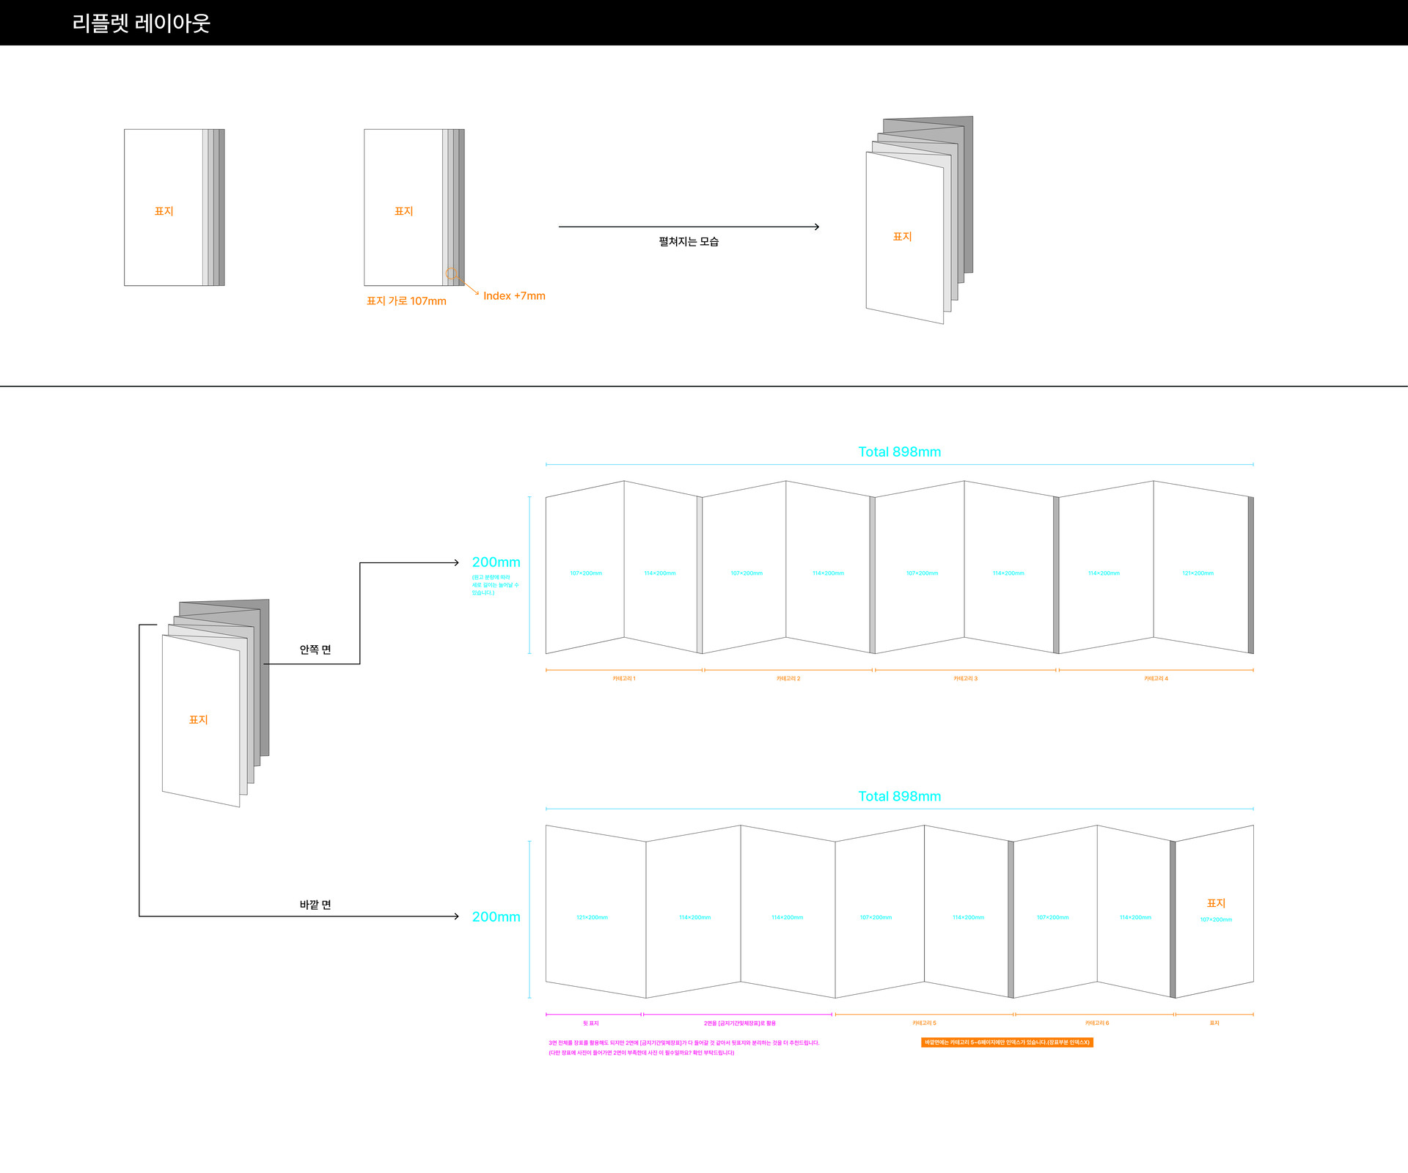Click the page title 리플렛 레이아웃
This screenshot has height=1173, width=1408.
[x=141, y=23]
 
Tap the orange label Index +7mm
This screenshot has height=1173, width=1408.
[x=514, y=296]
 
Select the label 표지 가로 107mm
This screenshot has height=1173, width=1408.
[x=406, y=301]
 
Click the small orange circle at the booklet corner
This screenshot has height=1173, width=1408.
[x=451, y=273]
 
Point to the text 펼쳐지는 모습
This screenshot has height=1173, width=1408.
[x=689, y=242]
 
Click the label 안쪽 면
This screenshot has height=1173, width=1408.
[x=315, y=650]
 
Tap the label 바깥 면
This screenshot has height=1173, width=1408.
[x=315, y=905]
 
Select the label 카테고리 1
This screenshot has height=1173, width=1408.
[x=624, y=679]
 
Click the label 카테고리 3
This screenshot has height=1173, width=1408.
[x=965, y=679]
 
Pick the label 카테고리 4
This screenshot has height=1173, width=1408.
[x=1156, y=679]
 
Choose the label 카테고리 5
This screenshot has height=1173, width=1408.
[x=924, y=1023]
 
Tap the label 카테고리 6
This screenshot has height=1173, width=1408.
[x=1097, y=1023]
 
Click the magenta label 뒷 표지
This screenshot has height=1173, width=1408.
[x=591, y=1023]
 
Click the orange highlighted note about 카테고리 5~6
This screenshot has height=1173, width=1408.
[x=1007, y=1043]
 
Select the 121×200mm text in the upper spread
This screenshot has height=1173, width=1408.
[x=1198, y=573]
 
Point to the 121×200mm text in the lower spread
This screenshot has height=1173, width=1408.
[x=592, y=918]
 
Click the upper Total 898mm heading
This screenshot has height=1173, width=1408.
[x=899, y=452]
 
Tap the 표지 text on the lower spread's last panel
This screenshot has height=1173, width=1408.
[x=1216, y=903]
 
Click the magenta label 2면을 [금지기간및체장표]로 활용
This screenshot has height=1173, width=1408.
[x=739, y=1023]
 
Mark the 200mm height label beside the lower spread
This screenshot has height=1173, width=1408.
[x=496, y=917]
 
